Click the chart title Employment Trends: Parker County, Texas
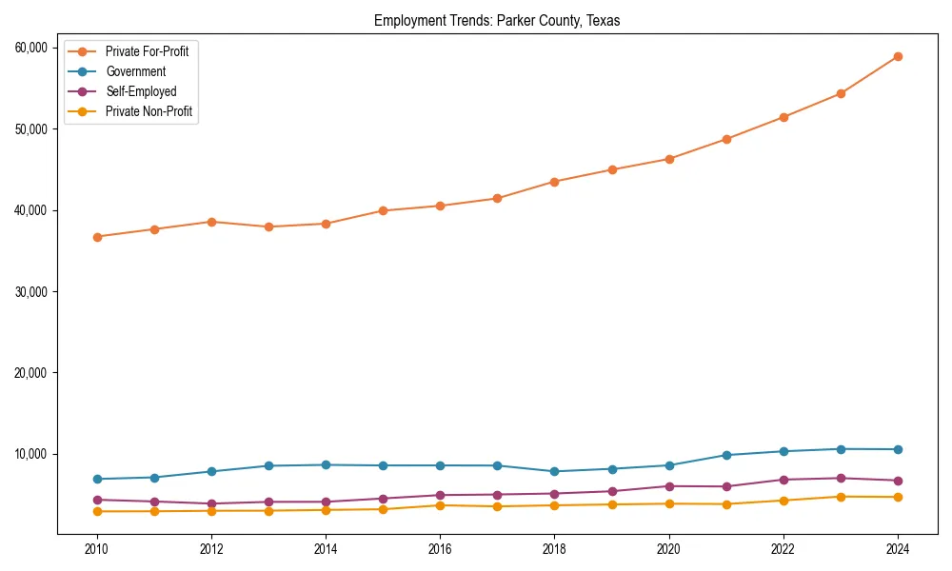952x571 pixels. coord(497,21)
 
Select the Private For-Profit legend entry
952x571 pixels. coord(147,51)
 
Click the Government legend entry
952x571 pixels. coord(135,71)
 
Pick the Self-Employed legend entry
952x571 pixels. coord(141,92)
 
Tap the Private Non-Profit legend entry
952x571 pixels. coord(149,112)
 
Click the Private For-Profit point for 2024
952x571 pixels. coord(898,56)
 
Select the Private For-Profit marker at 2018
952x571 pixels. coord(555,182)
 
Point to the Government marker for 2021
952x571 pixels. coord(726,455)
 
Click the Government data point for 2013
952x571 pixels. coord(268,465)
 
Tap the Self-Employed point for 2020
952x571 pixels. coord(669,486)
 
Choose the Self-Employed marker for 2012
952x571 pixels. coord(211,503)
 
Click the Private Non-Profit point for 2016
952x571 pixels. coord(440,505)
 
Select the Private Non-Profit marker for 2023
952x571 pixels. coord(841,497)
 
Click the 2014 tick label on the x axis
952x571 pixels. coord(326,549)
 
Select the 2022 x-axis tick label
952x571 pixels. coord(783,549)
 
